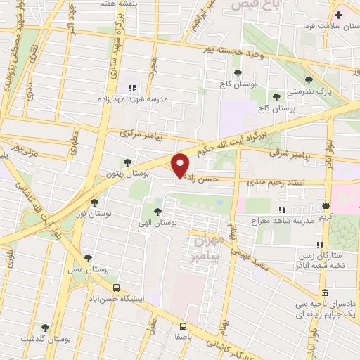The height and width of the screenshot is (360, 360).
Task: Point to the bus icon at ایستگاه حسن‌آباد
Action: (x=116, y=287)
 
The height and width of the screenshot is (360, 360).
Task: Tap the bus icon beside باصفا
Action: (x=183, y=326)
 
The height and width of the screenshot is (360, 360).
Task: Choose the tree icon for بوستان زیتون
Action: (x=127, y=162)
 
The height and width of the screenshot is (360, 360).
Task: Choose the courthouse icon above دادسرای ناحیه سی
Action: (x=323, y=292)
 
